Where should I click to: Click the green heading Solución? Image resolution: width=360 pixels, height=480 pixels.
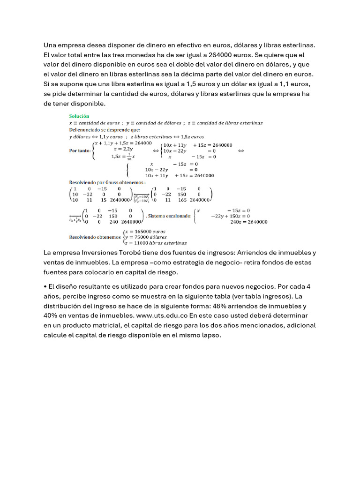[x=79, y=116]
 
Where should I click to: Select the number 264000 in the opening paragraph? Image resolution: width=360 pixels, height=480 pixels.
[x=219, y=54]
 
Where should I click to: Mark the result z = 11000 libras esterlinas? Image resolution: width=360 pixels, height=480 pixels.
[x=156, y=243]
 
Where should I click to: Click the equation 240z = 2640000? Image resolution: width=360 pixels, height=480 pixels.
[x=248, y=222]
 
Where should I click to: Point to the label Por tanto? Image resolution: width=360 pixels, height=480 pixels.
[x=80, y=150]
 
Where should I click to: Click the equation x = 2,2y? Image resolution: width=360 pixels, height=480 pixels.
[x=124, y=149]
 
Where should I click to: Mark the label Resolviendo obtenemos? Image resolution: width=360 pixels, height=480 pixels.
[x=95, y=237]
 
